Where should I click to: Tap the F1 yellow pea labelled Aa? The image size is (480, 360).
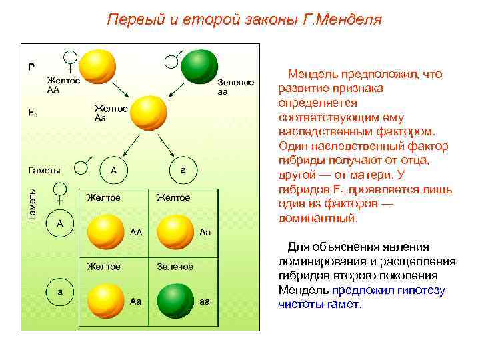[148, 112]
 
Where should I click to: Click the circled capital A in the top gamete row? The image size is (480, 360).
[113, 170]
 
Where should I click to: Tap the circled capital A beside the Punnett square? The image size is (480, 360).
[60, 223]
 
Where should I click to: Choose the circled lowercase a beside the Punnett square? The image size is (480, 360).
[60, 292]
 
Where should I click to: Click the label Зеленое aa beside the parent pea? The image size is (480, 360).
[235, 87]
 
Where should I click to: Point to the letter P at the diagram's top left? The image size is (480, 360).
[31, 67]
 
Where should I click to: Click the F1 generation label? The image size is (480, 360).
[33, 113]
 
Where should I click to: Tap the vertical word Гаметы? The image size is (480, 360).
[32, 202]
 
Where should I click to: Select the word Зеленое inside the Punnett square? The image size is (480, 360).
[175, 267]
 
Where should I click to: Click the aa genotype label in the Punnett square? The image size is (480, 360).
[205, 301]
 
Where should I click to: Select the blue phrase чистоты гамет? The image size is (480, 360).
[319, 304]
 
